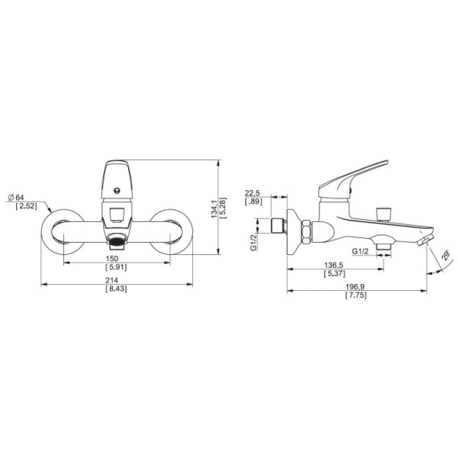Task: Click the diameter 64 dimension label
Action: tap(16, 198)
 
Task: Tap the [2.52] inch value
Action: tap(26, 206)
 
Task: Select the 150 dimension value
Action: tap(112, 259)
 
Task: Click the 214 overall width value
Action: tap(112, 280)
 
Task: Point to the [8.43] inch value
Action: tap(116, 289)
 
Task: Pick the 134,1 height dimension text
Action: tap(214, 209)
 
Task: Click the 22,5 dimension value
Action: tap(253, 193)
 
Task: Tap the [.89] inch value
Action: tap(253, 202)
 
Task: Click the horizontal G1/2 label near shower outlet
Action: tap(360, 251)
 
